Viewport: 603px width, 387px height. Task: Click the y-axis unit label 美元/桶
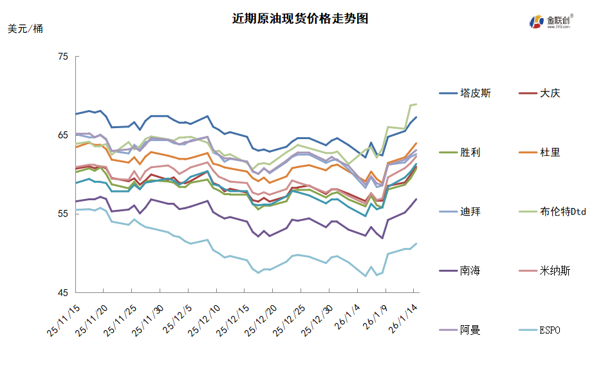[26, 29]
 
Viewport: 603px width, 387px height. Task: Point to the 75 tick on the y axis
[63, 57]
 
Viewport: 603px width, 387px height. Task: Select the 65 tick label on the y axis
[63, 135]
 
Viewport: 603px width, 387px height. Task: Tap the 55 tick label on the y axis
[63, 214]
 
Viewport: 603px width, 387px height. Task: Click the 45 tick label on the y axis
[63, 292]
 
